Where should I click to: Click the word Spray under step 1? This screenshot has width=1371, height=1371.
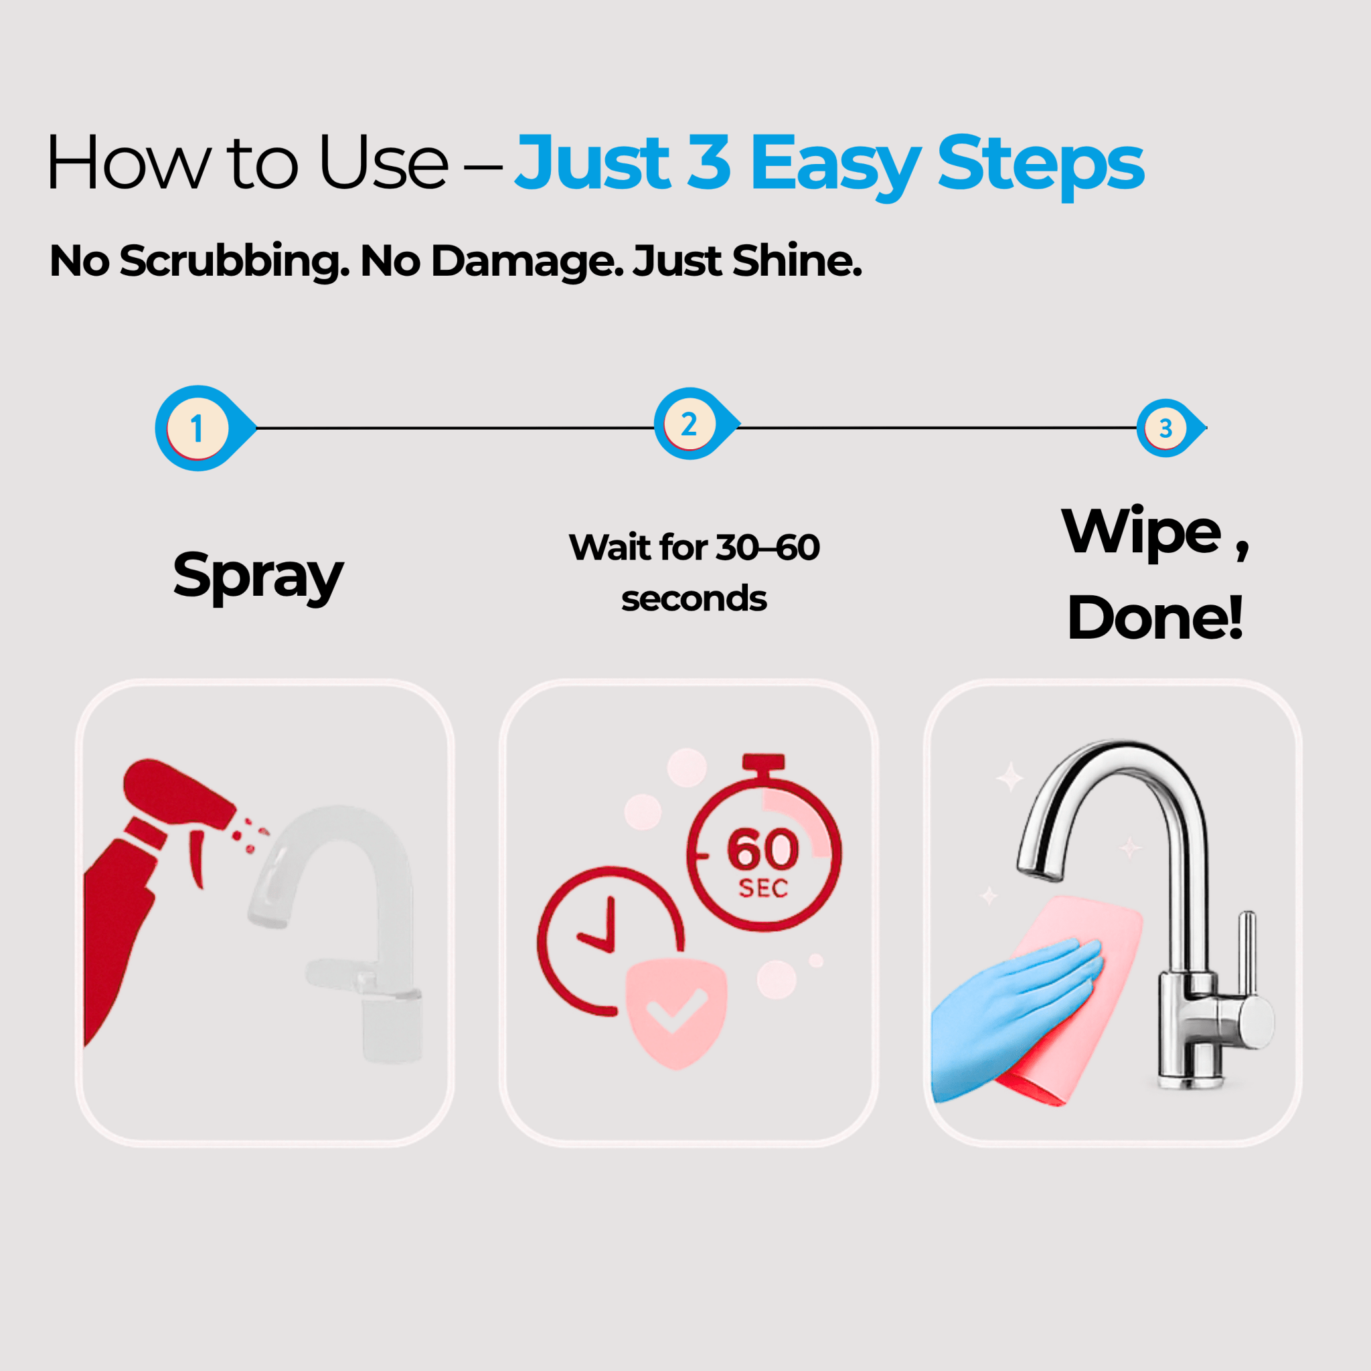point(258,576)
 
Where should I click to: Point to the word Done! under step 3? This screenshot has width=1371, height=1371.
point(1155,617)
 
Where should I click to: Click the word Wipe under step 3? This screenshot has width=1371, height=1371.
point(1141,532)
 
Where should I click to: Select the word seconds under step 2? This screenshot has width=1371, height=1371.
point(694,598)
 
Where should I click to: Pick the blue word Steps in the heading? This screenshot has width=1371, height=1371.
point(1041,165)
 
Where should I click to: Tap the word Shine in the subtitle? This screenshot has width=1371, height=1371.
point(797,260)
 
